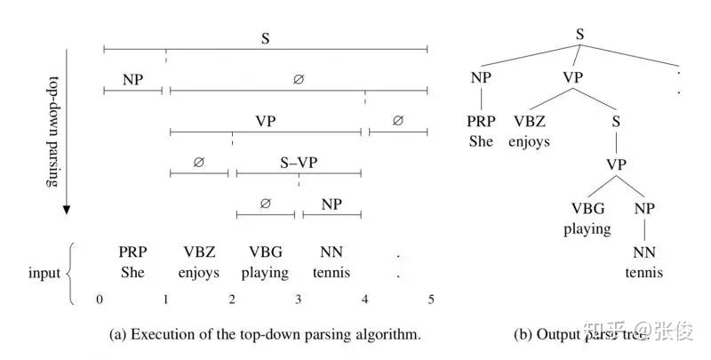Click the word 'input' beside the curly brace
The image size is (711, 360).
[44, 272]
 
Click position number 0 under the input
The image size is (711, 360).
[100, 300]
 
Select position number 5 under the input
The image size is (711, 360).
[431, 300]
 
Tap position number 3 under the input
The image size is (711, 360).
[299, 300]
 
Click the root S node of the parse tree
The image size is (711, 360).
[579, 35]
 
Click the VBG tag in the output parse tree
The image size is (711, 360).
[588, 209]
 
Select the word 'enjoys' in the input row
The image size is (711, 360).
[198, 273]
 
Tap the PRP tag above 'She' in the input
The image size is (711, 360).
[132, 252]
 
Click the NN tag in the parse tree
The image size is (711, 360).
[643, 253]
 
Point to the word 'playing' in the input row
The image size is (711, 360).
[265, 273]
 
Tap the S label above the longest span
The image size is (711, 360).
[265, 38]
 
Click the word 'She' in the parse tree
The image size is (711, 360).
[481, 140]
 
